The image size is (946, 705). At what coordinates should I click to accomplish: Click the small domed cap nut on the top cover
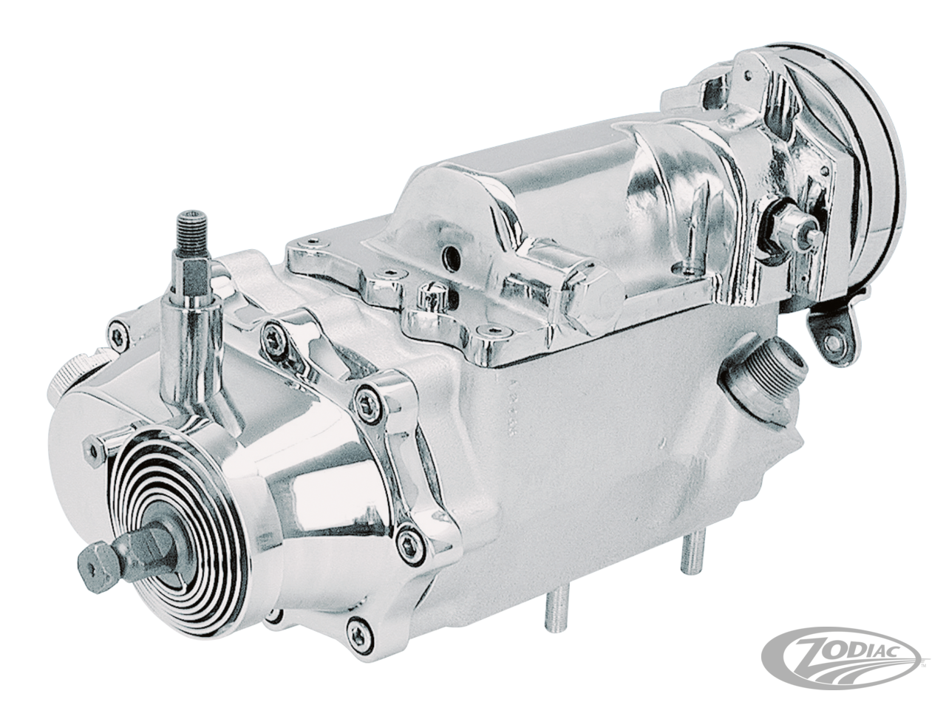click(426, 300)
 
